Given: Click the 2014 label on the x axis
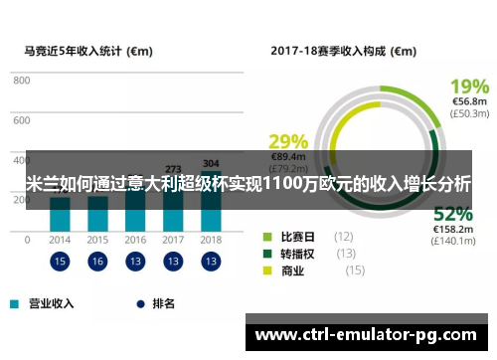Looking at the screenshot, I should coord(60,240).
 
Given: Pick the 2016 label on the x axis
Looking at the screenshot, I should coord(135,240).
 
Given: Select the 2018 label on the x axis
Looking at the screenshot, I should coord(211,240).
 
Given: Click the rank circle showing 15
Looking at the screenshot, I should coord(60,262).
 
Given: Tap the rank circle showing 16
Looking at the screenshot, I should coord(97,262).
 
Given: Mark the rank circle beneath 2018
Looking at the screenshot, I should coord(211,262).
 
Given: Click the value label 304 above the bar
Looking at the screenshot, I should coord(211,163).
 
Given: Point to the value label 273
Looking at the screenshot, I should coord(173,169).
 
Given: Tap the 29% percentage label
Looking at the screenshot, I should coord(288,140).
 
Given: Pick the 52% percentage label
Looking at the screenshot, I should coord(452,214).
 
